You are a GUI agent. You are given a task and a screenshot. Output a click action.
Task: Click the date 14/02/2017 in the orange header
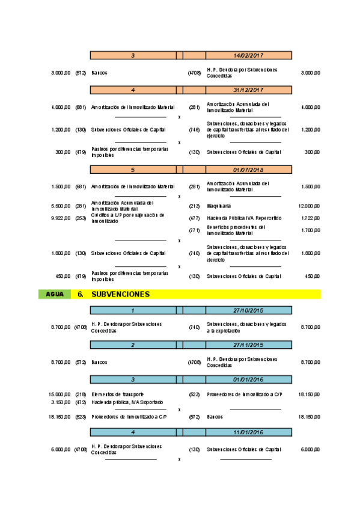tap(249, 55)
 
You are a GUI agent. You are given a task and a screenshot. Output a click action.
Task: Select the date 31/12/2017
tap(249, 90)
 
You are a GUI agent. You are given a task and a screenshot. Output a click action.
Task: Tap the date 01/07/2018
tap(249, 170)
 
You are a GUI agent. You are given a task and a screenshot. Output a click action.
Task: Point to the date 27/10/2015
tap(249, 310)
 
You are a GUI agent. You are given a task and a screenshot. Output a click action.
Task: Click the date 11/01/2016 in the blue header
tap(249, 432)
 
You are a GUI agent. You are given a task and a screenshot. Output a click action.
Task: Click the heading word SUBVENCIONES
tap(120, 295)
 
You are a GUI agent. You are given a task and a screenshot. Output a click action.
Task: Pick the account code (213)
tap(194, 206)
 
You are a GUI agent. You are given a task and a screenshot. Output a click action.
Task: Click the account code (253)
tap(81, 218)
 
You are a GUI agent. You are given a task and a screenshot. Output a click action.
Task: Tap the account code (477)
tap(194, 218)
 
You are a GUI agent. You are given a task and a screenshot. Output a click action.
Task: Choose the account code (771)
tap(194, 230)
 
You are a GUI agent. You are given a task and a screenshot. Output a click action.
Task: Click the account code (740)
tap(194, 327)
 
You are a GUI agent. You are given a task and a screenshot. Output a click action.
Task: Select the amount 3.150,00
tap(61, 402)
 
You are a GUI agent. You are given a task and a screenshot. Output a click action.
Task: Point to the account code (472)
tap(81, 402)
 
